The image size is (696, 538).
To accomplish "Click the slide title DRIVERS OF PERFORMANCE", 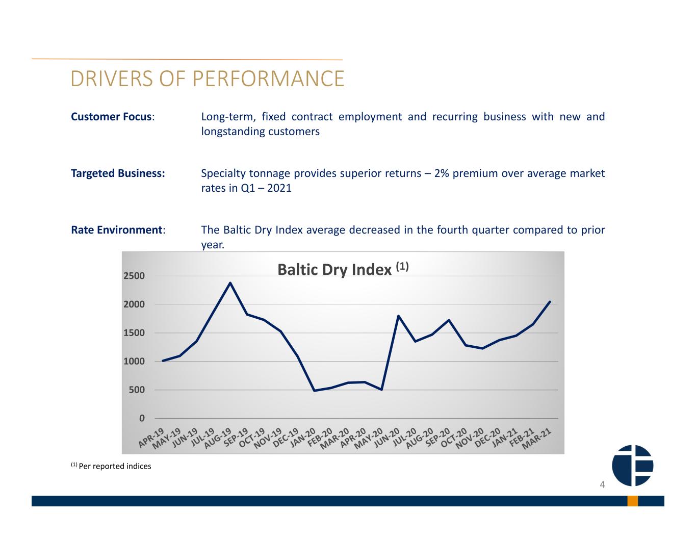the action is point(207,79).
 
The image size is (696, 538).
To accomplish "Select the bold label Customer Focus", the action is point(111,117).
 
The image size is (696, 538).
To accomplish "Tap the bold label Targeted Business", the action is point(118,173).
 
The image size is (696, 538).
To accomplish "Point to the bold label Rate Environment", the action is point(117,230).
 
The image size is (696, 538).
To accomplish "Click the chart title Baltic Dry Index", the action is point(334,269).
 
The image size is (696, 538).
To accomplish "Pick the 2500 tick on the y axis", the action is point(134,276).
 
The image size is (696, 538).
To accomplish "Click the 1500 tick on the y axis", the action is point(134,332).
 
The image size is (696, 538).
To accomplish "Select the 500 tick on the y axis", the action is point(137,390).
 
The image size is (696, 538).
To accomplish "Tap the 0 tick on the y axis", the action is point(142,418).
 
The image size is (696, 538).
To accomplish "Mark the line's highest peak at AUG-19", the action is point(230,283).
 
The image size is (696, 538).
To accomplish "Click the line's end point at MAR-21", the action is point(550,302).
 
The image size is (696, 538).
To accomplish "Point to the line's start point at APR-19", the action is point(163,361).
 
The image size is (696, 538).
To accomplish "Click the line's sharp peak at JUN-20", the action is point(398,316).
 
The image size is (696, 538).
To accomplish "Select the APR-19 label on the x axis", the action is point(151,438).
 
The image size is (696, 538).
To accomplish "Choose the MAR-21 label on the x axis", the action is point(537,439).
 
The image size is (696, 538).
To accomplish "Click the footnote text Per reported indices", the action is point(115,466).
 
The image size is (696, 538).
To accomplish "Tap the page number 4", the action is point(602,484).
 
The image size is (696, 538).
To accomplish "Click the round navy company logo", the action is point(632,465).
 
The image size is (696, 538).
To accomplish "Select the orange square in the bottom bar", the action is point(632,501).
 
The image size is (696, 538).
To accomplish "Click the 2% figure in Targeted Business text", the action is point(442,173).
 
